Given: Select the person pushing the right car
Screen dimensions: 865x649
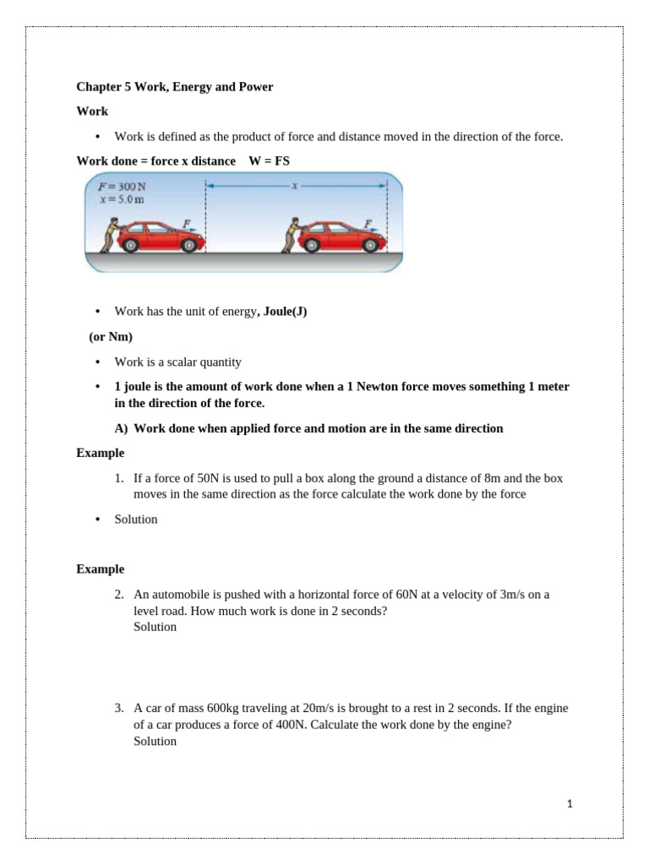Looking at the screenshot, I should (292, 234).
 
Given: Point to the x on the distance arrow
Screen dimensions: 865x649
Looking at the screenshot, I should (294, 186).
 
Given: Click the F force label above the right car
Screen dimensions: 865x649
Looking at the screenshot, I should (368, 223).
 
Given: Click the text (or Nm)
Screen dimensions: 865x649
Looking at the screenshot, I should (111, 336).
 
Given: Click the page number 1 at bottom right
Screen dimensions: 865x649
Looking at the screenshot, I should (570, 804).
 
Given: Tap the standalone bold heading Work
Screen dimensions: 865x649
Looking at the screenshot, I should (92, 112).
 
